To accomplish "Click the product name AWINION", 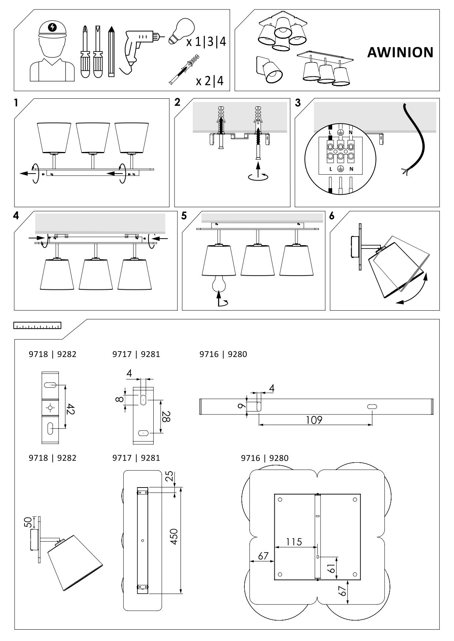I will (x=400, y=53).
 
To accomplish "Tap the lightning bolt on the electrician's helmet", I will (x=53, y=27).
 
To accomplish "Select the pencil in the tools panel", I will (x=111, y=52).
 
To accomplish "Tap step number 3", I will (x=298, y=103).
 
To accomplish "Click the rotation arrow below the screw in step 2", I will (x=258, y=177).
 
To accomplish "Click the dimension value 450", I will (x=174, y=536).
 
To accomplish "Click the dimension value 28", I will (x=166, y=416).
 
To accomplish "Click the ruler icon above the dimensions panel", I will (x=37, y=325).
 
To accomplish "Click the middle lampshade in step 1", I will (x=93, y=138).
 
